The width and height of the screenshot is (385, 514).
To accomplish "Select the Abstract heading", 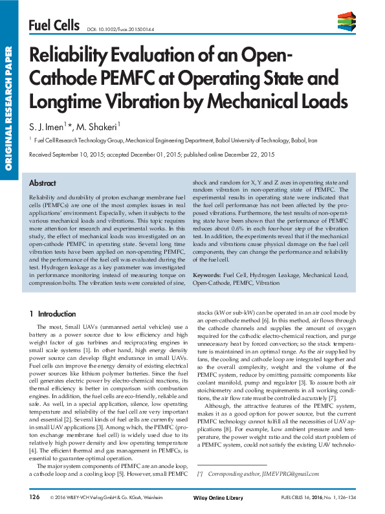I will tap(43, 183).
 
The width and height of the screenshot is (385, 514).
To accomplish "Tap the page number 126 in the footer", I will tap(36, 497).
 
